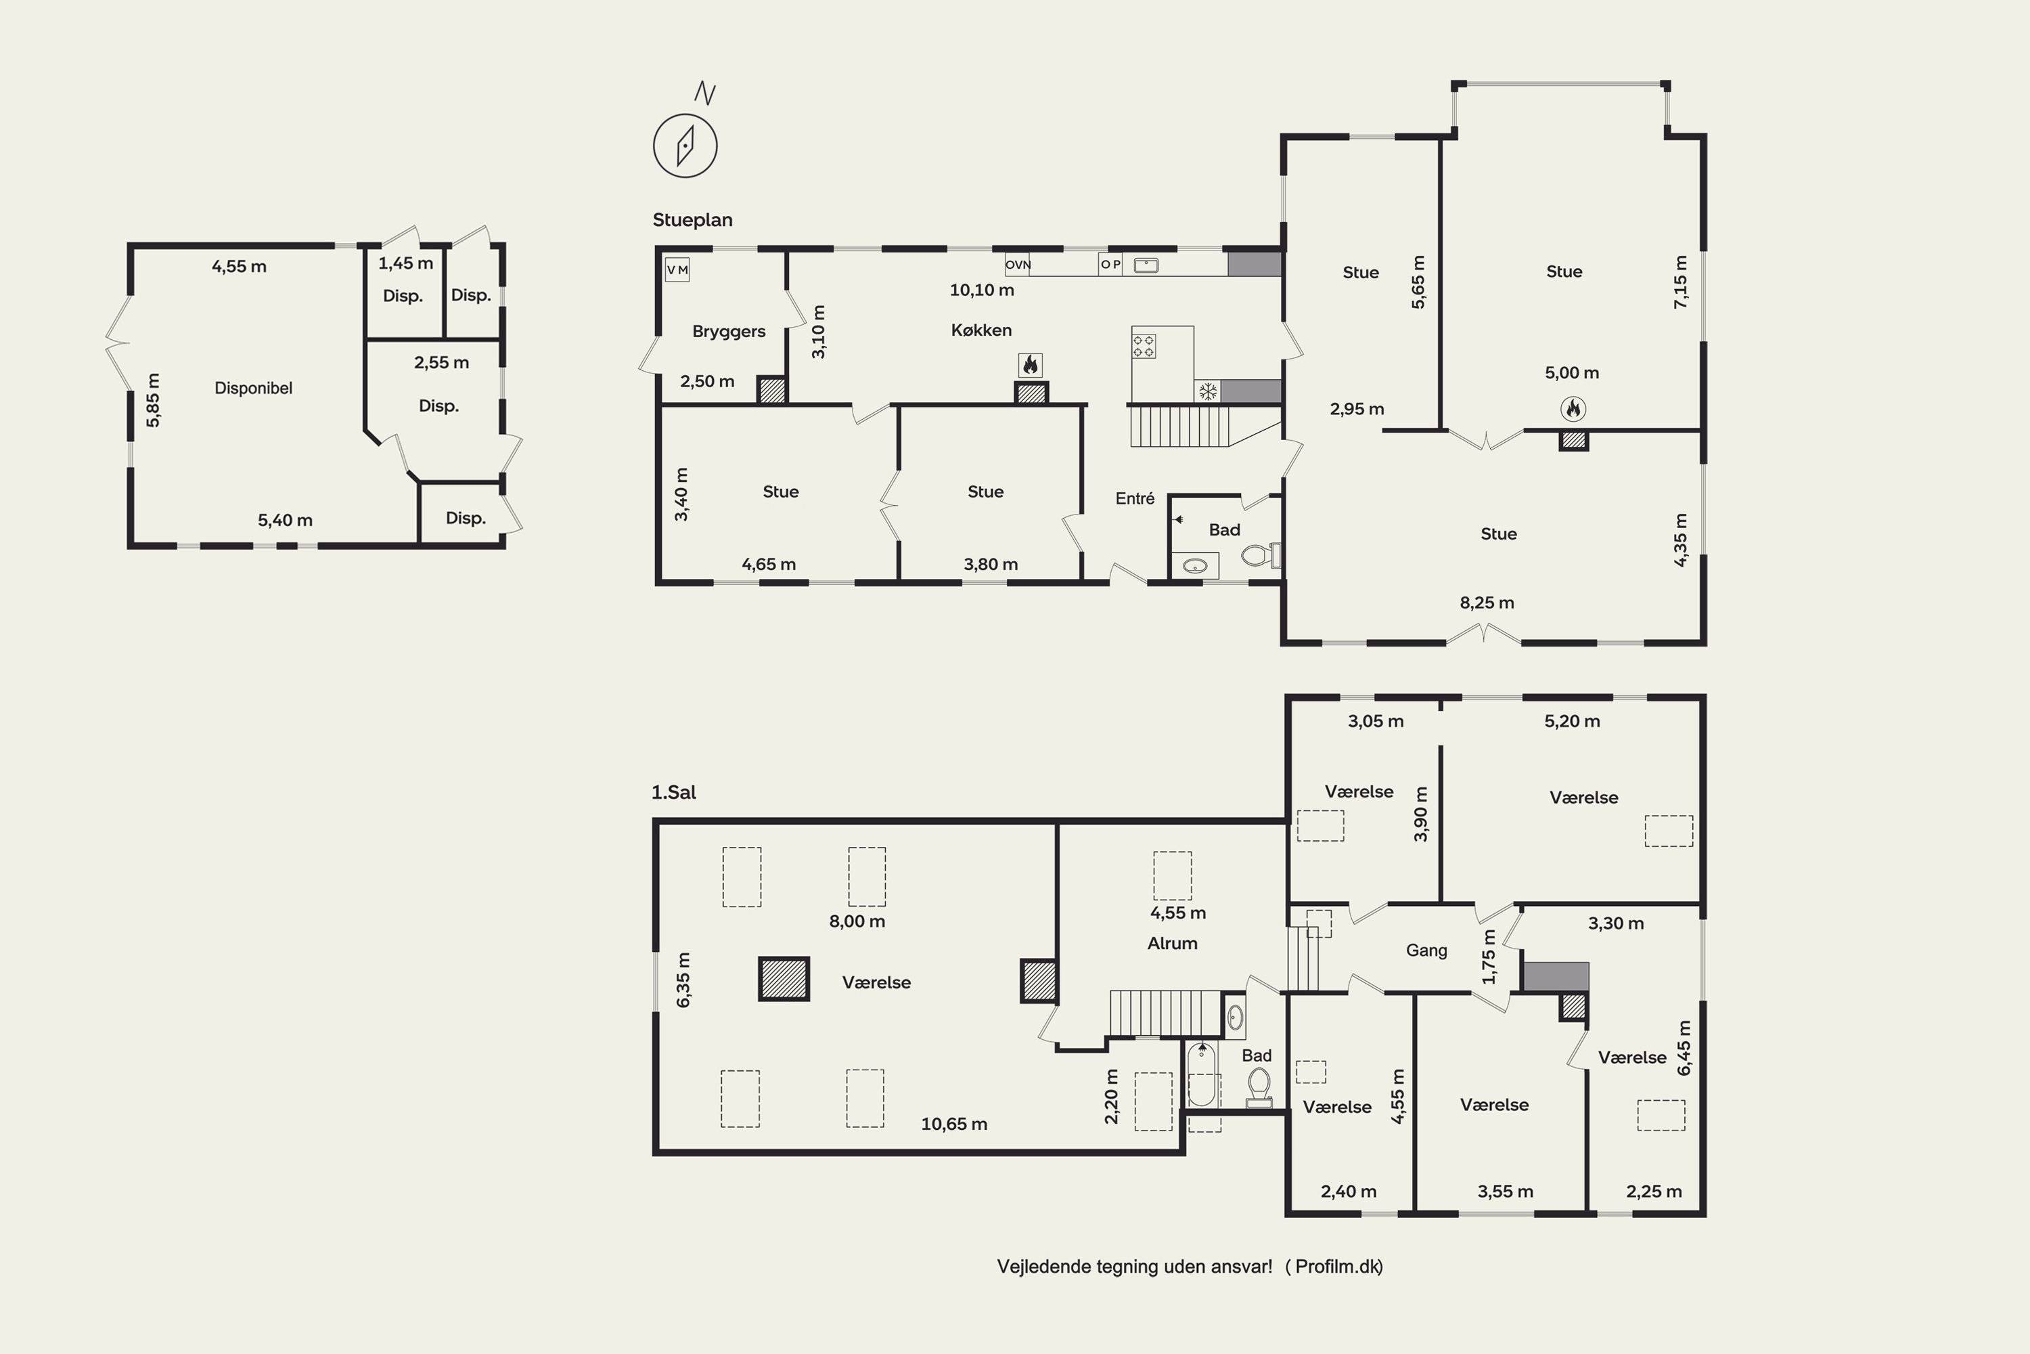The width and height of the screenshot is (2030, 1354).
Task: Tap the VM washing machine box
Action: (x=677, y=270)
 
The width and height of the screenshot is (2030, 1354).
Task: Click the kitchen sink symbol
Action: (x=1146, y=265)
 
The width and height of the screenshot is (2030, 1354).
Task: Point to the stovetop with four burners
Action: (x=1144, y=346)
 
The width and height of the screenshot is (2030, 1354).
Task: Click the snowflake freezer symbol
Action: (x=1207, y=392)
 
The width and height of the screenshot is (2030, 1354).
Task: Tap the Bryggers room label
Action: (x=729, y=332)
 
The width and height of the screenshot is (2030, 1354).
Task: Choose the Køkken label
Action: (x=981, y=330)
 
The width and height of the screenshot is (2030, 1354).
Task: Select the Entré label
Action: (x=1134, y=498)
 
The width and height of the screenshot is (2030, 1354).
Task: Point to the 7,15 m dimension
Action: (x=1679, y=282)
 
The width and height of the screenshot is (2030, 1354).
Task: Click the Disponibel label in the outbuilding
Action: (x=253, y=389)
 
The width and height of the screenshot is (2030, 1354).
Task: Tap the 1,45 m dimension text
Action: (x=405, y=263)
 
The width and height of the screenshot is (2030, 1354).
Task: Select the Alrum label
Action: (x=1172, y=943)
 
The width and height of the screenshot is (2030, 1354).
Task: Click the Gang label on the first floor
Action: (x=1426, y=951)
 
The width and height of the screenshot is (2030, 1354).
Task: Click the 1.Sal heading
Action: (x=673, y=792)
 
